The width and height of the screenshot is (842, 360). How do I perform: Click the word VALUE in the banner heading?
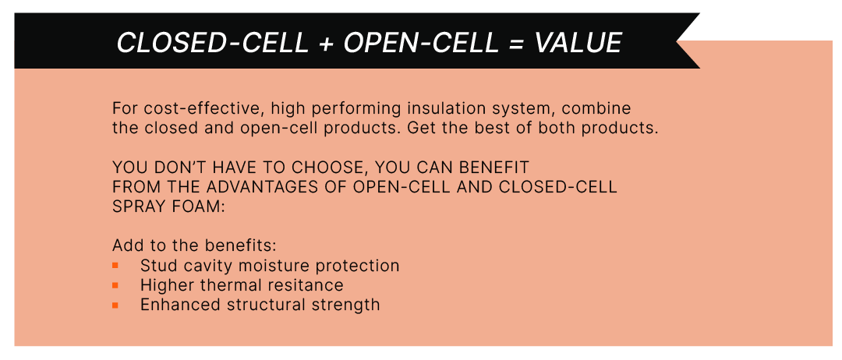578,43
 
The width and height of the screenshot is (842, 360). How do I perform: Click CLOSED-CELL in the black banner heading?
213,43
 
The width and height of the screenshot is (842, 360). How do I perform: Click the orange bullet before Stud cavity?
115,265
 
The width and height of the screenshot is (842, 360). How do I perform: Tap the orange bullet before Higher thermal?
115,285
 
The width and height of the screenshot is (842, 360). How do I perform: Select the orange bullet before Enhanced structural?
115,305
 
